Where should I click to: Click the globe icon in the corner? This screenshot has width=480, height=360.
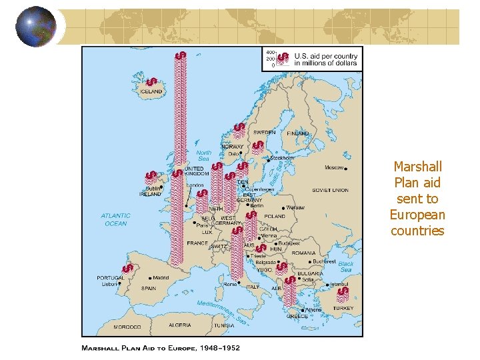(x=36, y=26)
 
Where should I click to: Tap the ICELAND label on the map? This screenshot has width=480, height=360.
(x=151, y=91)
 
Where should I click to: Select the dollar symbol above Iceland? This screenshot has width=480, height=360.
(x=152, y=79)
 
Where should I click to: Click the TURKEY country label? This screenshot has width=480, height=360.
(x=344, y=309)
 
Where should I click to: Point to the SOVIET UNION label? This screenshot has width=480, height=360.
(x=330, y=191)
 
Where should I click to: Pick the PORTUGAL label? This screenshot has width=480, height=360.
(x=111, y=278)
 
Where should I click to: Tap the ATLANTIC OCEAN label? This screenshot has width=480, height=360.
(x=115, y=219)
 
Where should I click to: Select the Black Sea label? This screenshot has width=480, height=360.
(x=345, y=267)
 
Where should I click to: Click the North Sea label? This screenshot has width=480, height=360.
(x=204, y=155)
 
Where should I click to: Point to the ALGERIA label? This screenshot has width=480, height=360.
(x=179, y=325)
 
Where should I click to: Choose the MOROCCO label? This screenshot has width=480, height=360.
(x=127, y=327)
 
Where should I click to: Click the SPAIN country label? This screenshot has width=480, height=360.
(x=149, y=289)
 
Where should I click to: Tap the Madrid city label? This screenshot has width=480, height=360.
(x=160, y=278)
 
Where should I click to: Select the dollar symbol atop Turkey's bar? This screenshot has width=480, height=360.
(x=343, y=292)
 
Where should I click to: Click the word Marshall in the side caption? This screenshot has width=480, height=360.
(x=417, y=167)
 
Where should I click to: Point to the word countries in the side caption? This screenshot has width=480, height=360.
(x=417, y=231)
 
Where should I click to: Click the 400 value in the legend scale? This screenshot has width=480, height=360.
(x=271, y=52)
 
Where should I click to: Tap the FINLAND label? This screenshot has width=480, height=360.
(x=298, y=133)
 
